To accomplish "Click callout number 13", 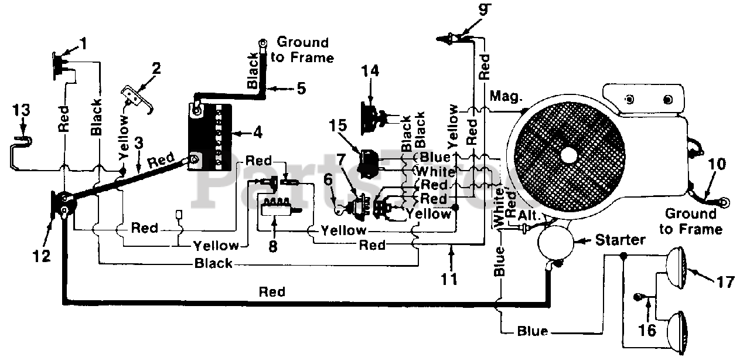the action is tap(22, 110).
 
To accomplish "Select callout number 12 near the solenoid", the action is tap(42, 256).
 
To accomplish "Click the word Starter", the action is tap(620, 240).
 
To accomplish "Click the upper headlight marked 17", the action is tap(676, 267).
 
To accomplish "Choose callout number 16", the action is tap(647, 331).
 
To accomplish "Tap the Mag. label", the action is tap(506, 97).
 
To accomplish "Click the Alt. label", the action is tap(529, 215).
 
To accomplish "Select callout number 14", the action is tap(370, 71).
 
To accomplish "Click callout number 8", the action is tap(273, 247).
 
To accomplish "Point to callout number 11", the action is tap(449, 279).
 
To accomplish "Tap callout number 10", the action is tap(717, 164).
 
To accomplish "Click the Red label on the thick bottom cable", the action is tap(272, 292).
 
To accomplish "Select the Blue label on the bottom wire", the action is tap(533, 331).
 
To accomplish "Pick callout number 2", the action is tap(156, 69).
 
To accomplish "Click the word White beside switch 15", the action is tap(435, 172).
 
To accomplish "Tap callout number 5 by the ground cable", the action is tap(301, 89).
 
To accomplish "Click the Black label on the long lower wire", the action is tap(213, 263).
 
